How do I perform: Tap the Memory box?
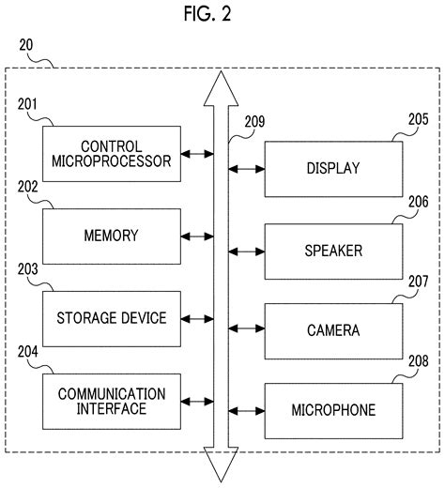click(112, 236)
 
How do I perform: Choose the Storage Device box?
click(112, 318)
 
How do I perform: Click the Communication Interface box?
click(112, 400)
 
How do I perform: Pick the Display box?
click(333, 169)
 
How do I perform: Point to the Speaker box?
click(333, 252)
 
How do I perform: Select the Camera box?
click(333, 330)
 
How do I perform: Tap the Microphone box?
click(333, 411)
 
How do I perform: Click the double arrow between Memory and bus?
click(195, 236)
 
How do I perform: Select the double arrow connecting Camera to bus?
click(246, 330)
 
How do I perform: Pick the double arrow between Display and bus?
click(246, 169)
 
